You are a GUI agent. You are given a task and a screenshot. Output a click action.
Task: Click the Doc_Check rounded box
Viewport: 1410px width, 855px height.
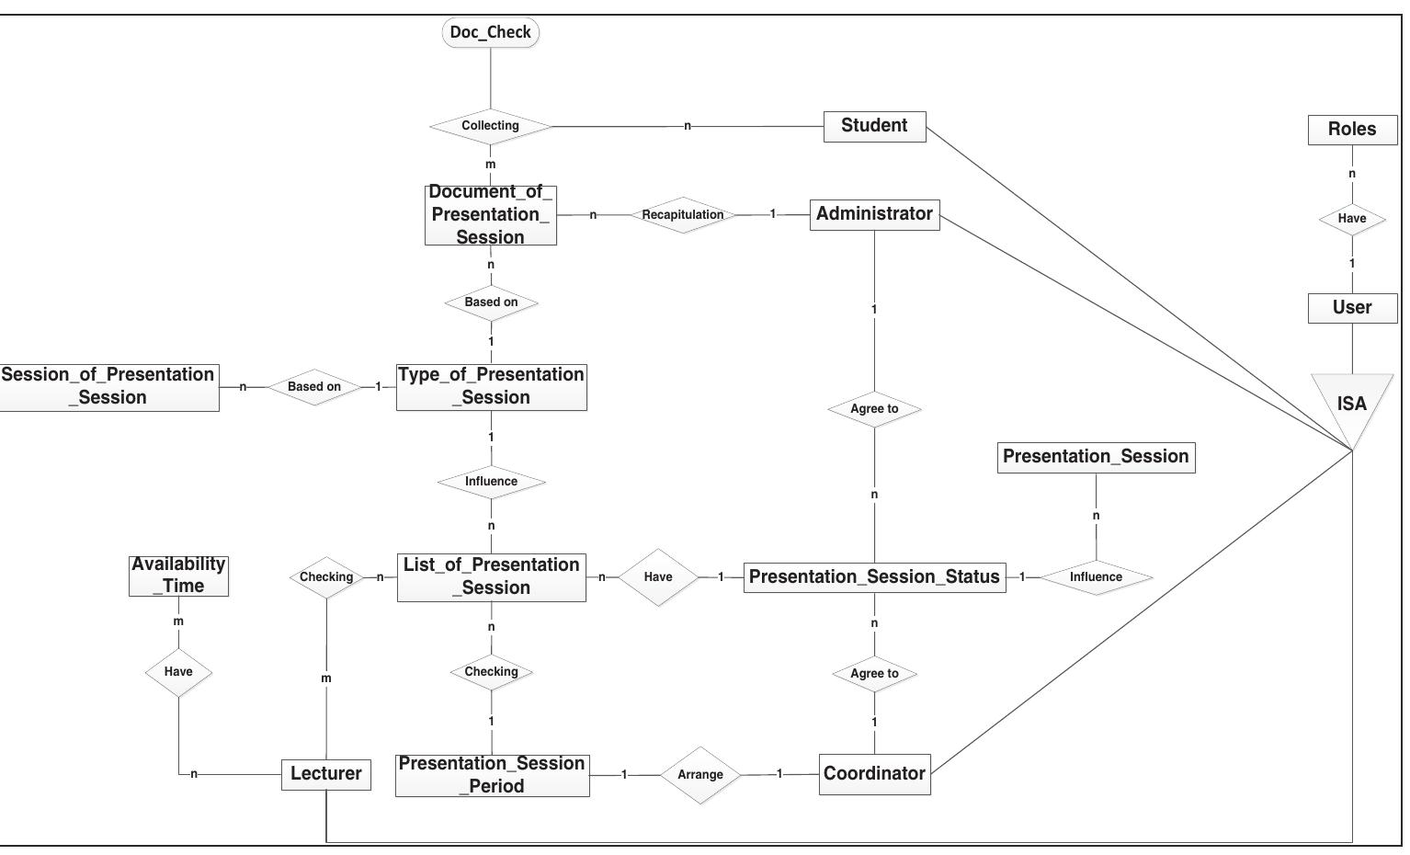coord(490,33)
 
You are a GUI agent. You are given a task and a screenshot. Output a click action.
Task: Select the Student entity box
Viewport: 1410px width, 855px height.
coord(874,126)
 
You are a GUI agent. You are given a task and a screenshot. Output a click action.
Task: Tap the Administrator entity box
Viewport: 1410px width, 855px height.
coord(874,214)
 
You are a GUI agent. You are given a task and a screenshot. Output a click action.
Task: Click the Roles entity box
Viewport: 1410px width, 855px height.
coord(1351,130)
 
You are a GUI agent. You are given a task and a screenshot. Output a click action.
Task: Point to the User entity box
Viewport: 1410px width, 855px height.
coord(1351,308)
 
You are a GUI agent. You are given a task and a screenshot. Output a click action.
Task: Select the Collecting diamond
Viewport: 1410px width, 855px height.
coord(490,126)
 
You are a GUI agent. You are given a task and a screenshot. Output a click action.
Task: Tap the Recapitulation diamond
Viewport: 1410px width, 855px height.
coord(682,215)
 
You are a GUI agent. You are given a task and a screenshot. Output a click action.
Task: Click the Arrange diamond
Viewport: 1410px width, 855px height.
coord(700,775)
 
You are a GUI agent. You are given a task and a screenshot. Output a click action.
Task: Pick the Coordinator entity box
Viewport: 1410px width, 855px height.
coord(874,774)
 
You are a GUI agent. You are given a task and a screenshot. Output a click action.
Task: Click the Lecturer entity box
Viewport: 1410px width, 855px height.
coord(325,774)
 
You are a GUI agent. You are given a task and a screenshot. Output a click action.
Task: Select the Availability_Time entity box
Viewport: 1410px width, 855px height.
coord(178,576)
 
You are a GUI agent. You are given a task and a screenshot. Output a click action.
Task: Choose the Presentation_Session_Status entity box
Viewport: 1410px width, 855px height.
coord(874,577)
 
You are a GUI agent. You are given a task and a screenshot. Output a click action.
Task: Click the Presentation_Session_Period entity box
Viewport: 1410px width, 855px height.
coord(492,775)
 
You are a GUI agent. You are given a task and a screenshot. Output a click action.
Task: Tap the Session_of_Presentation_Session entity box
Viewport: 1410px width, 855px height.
coord(108,387)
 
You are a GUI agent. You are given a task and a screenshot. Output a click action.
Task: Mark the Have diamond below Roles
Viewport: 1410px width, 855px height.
coord(1351,219)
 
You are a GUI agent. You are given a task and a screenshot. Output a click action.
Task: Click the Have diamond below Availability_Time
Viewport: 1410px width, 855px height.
coord(178,672)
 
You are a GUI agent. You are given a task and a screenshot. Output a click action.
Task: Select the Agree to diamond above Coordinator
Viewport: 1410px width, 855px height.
coord(874,674)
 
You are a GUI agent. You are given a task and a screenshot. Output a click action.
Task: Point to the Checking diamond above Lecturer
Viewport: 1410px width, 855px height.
coord(326,577)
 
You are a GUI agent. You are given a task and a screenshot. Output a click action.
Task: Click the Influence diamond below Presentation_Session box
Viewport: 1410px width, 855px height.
coord(1096,577)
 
